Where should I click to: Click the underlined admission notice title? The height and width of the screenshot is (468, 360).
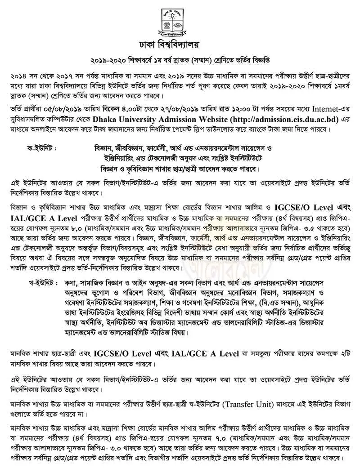[180, 60]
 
